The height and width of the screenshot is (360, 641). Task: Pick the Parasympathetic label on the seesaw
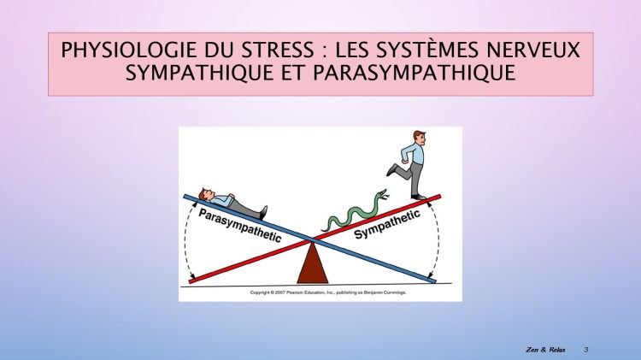(239, 225)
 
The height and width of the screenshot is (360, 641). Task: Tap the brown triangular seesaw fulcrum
(313, 263)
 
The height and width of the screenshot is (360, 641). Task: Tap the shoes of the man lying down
(262, 210)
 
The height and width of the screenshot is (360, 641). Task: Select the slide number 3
(586, 350)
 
